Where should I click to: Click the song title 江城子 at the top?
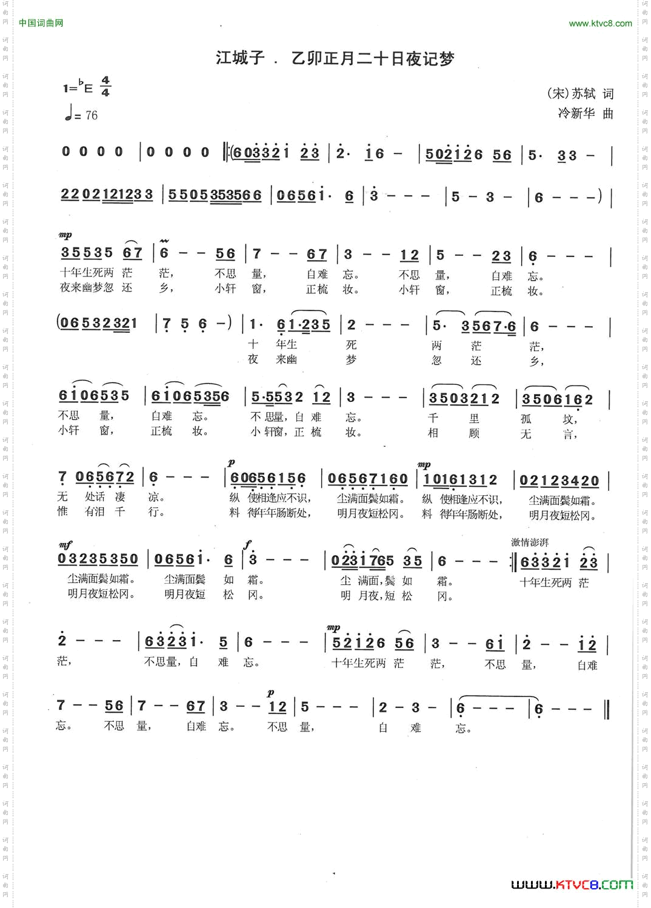pos(240,58)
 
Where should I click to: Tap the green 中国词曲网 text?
pos(41,23)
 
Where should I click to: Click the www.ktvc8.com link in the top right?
pos(600,24)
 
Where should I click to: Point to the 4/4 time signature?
pos(105,87)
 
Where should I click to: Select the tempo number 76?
pos(92,115)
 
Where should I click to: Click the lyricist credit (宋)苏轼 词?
pos(580,93)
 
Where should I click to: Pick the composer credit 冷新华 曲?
pos(586,113)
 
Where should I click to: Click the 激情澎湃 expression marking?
pos(530,542)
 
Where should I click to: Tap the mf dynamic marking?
pos(65,545)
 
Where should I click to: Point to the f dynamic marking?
pos(247,544)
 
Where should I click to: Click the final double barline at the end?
pos(606,709)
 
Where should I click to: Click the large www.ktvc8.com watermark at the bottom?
pos(572,885)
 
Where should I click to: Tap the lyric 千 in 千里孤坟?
pos(433,418)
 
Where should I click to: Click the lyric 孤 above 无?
pos(526,419)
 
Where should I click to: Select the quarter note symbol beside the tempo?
pos(69,113)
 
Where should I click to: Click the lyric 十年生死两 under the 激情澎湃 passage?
pos(545,583)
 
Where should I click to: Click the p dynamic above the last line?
pos(270,693)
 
